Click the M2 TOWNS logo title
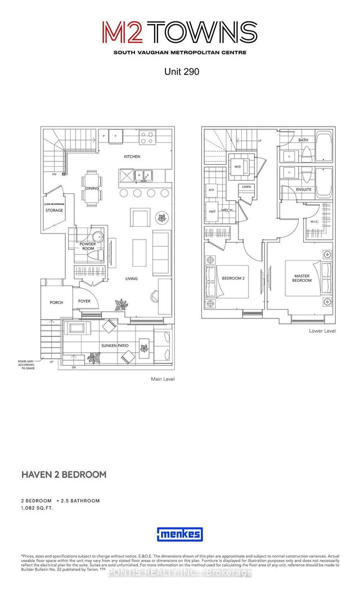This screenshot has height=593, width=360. click(x=179, y=33)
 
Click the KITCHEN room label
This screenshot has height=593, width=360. click(x=132, y=156)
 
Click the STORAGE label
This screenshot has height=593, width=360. click(x=55, y=210)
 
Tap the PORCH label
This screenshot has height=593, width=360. click(x=56, y=303)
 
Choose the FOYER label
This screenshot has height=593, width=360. click(x=84, y=301)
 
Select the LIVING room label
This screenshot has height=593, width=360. click(x=132, y=278)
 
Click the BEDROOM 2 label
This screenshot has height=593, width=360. click(x=233, y=278)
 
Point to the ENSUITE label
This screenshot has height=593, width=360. click(x=304, y=190)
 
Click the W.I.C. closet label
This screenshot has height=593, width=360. click(x=314, y=222)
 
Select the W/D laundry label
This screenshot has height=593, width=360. click(x=236, y=166)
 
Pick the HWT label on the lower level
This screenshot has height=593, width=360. click(x=212, y=212)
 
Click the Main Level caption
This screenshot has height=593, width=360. click(x=163, y=379)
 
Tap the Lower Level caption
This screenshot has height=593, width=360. click(x=322, y=331)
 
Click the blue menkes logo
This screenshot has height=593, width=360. click(x=180, y=534)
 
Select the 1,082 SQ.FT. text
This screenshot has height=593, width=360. click(x=42, y=509)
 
